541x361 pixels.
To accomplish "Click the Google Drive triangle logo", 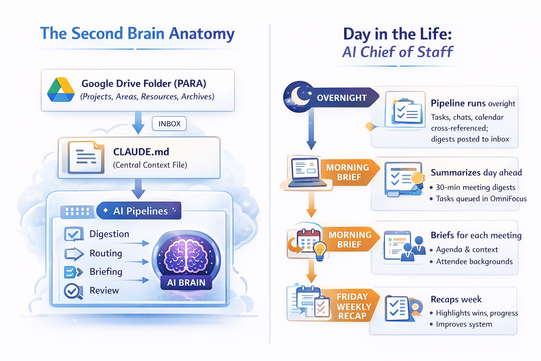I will pyautogui.click(x=61, y=90).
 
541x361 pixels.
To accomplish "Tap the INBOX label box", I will pyautogui.click(x=169, y=124).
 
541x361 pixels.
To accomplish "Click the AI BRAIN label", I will pyautogui.click(x=186, y=283).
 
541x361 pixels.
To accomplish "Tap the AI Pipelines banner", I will pyautogui.click(x=140, y=211).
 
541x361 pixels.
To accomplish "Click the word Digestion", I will pyautogui.click(x=109, y=234).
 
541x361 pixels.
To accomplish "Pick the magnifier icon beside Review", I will pyautogui.click(x=73, y=291).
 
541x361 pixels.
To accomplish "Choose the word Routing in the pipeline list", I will pyautogui.click(x=106, y=253).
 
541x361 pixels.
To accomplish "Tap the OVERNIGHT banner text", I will pyautogui.click(x=342, y=98).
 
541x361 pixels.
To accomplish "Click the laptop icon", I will pyautogui.click(x=306, y=172).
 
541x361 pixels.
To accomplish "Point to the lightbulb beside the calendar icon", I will pyautogui.click(x=319, y=250).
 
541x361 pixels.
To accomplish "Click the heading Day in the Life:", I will pyautogui.click(x=397, y=34).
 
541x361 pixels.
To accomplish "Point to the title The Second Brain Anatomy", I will pyautogui.click(x=137, y=34).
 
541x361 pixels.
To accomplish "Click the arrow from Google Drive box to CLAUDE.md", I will pyautogui.click(x=138, y=123).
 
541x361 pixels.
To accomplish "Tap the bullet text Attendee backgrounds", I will pyautogui.click(x=474, y=262).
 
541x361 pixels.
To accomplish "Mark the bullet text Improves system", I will pyautogui.click(x=464, y=324).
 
